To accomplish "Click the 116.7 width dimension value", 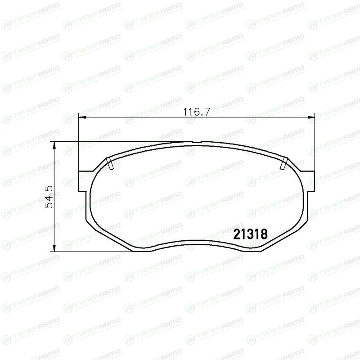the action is point(196,112).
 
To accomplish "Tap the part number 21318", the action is point(251,234).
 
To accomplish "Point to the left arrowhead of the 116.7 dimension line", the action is point(82,117).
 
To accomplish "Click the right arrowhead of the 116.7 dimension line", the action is point(311,117).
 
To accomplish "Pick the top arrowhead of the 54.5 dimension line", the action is point(54,145).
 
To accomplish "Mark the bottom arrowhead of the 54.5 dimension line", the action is point(54,247).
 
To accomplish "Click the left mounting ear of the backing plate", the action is point(82,181).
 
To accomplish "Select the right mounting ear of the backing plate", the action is point(310,181).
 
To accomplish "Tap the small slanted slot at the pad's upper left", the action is point(110,163).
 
